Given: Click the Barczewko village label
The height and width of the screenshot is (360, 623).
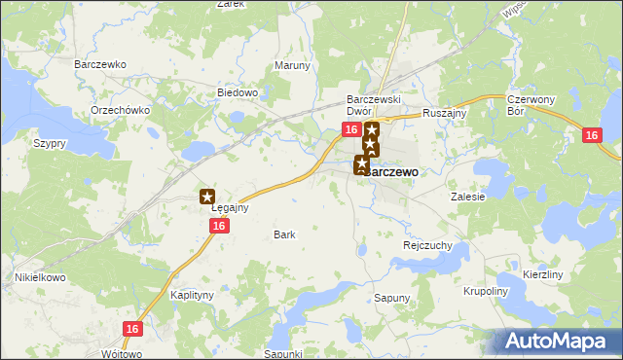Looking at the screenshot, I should coord(101,64).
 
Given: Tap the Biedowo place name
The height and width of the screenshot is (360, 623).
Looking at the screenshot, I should coord(237,92).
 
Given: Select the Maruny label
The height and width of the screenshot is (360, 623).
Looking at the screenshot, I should coord(292,66).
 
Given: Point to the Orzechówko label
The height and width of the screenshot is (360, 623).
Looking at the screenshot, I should coord(120,110).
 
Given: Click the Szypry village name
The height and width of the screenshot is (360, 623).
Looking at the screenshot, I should coord(49,143).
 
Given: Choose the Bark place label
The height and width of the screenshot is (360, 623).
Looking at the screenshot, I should coord(284,234).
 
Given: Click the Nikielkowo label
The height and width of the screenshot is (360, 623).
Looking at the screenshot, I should coord(39,277).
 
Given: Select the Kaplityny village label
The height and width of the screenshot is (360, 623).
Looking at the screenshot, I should coord(192,294).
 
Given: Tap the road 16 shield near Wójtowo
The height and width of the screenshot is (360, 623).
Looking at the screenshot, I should coord(133,329).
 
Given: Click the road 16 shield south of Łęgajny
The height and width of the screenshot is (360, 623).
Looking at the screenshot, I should coord(219,226).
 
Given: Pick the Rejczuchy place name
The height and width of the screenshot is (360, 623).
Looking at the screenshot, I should coord(427,246).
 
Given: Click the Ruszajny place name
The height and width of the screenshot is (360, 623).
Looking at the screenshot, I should coord(445,113).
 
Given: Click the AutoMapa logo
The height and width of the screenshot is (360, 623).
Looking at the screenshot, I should coord(560,341).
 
